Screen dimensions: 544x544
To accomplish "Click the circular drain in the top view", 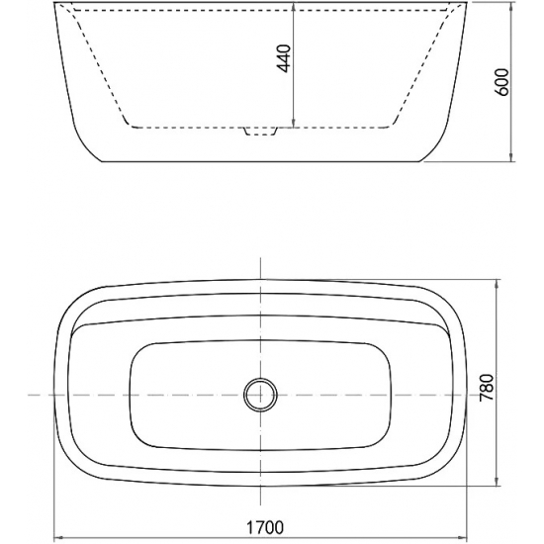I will tap(260, 394).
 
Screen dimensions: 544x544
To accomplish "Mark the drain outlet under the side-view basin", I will tap(260, 133).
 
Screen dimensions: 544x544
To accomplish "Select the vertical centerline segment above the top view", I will tap(260, 267).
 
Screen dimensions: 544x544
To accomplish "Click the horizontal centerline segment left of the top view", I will tap(35, 394).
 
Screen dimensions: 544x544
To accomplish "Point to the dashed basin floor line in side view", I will tap(198, 127).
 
